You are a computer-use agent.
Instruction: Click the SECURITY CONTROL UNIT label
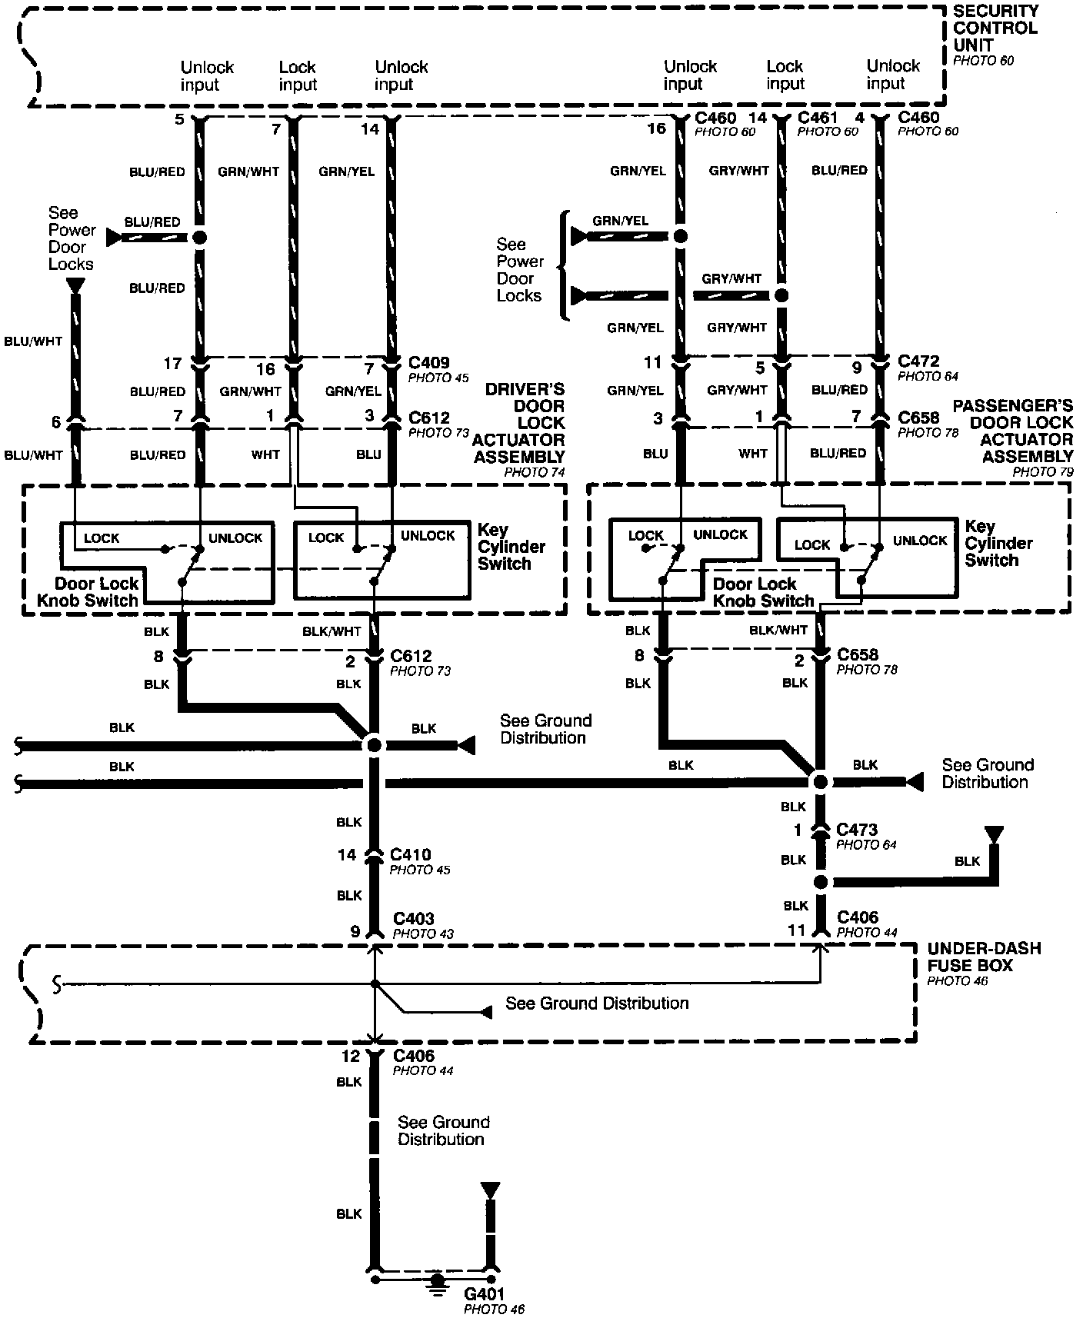point(995,28)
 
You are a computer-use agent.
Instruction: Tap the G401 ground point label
point(485,1294)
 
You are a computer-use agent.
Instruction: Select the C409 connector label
point(429,362)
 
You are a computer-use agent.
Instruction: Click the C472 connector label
point(918,361)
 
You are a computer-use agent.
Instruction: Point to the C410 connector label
point(410,854)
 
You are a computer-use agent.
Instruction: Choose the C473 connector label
point(857,830)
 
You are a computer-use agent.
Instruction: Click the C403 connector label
point(413,919)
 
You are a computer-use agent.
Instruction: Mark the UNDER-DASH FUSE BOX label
point(983,957)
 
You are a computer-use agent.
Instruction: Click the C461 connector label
point(818,118)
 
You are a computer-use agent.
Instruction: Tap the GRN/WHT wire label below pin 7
point(248,171)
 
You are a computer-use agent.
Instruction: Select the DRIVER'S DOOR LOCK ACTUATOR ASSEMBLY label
point(519,424)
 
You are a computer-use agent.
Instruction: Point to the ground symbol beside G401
point(438,1281)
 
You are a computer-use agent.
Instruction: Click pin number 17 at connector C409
point(172,363)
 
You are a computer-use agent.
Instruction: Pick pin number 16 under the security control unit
point(656,128)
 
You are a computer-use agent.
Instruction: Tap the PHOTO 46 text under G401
point(494,1309)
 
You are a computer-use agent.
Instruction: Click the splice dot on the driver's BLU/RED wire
point(199,238)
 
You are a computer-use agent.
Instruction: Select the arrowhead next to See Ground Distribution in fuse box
point(485,1012)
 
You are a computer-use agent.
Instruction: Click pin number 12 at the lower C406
point(351,1057)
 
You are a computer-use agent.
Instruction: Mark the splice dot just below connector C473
point(820,882)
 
